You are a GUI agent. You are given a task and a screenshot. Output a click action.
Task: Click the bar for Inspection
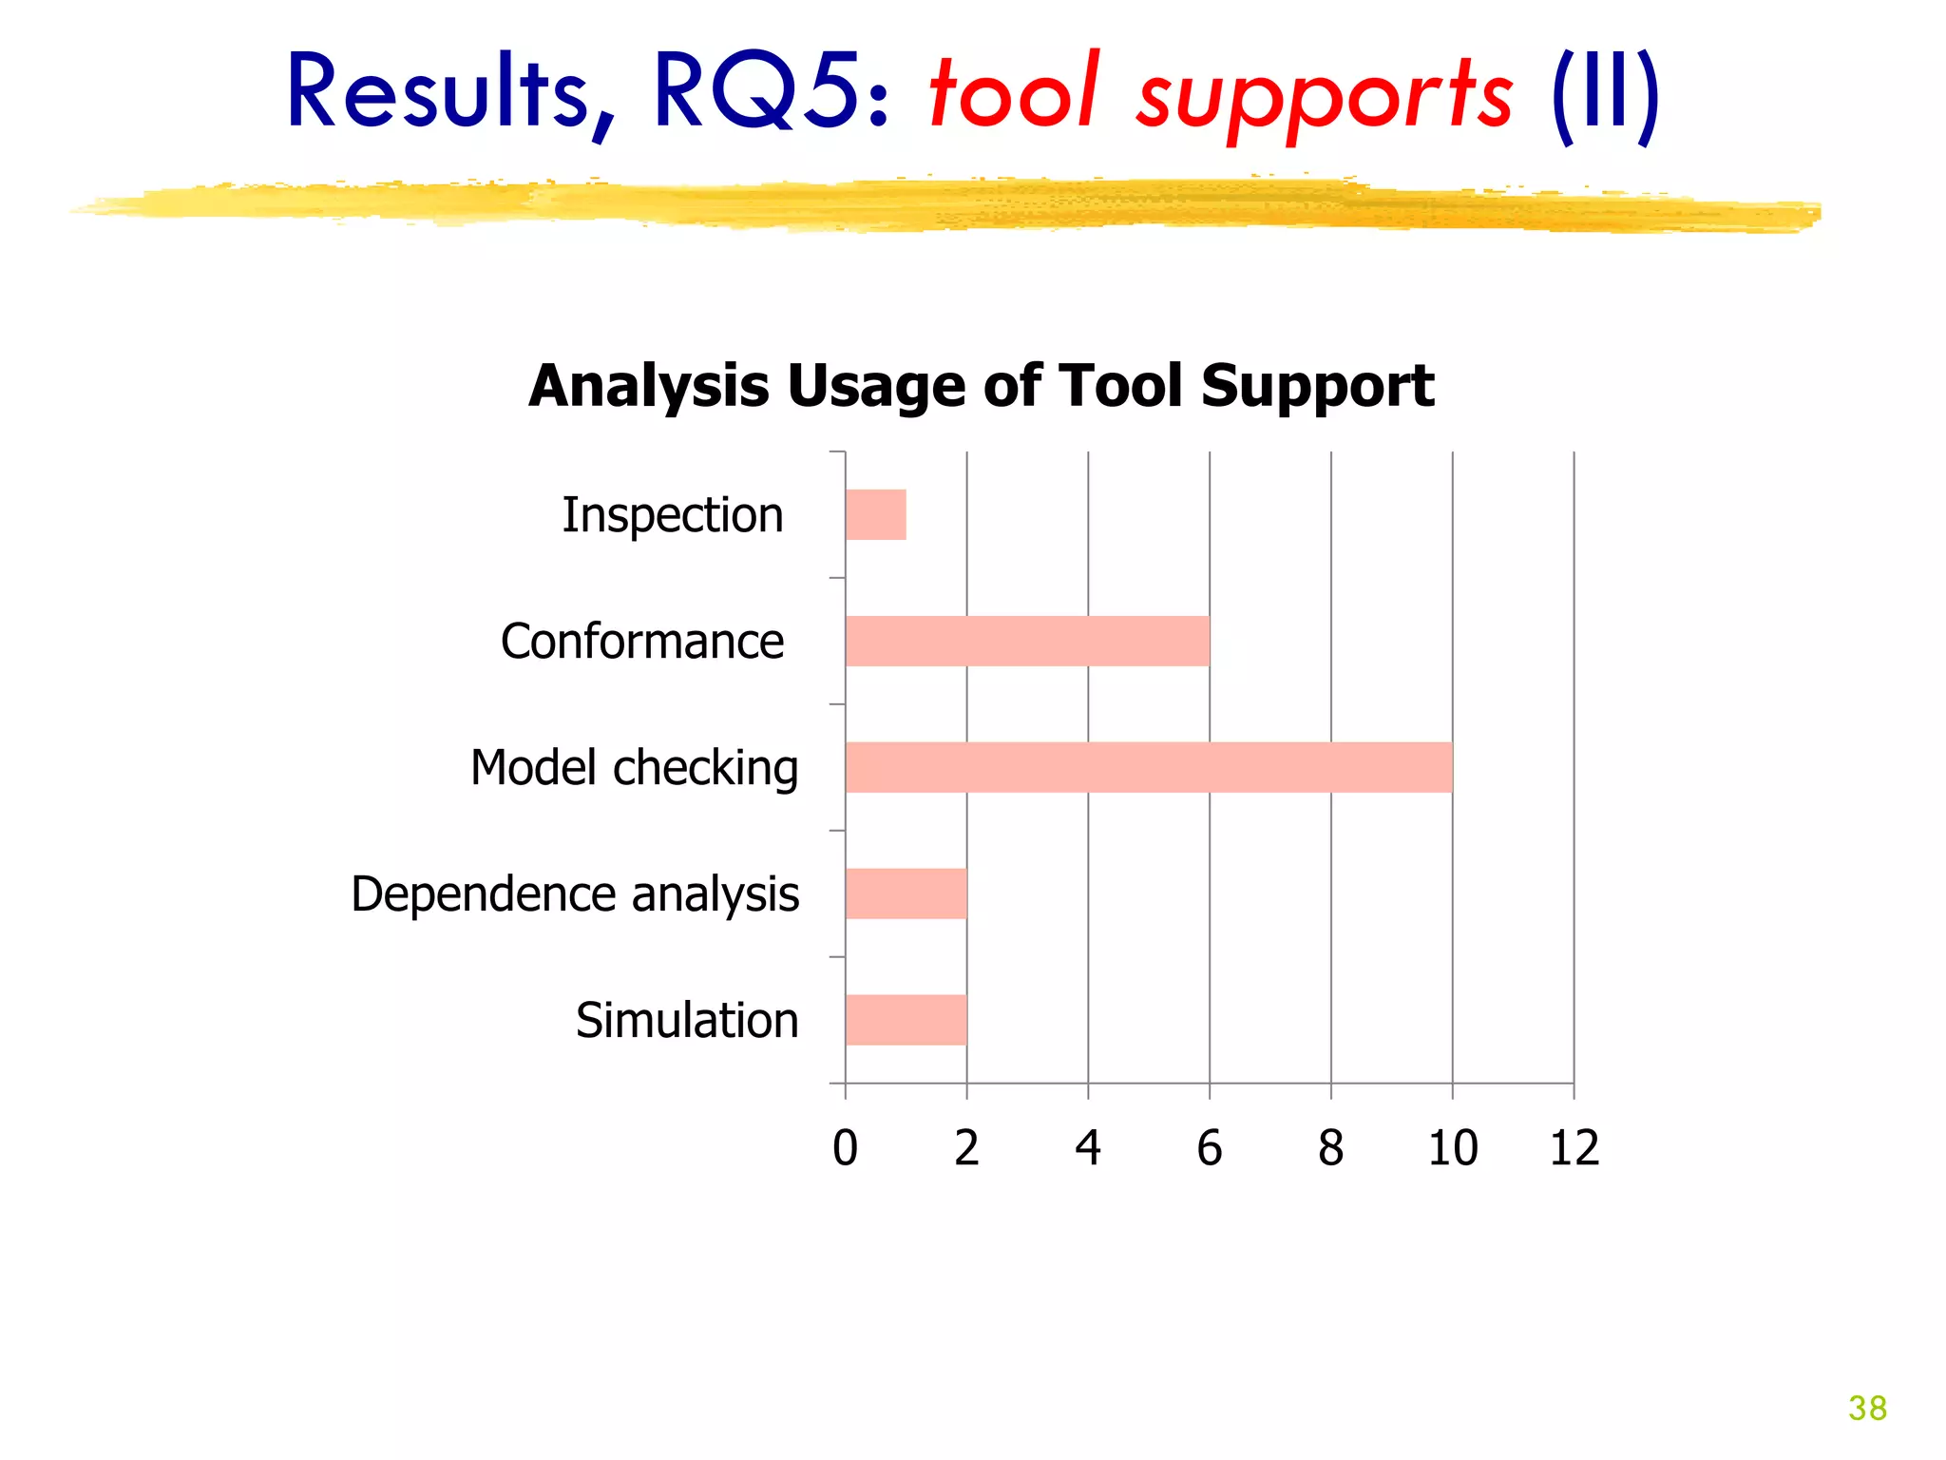pos(875,515)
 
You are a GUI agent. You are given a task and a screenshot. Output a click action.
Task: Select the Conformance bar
pos(1027,642)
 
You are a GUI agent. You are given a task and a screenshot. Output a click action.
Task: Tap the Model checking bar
pos(1149,768)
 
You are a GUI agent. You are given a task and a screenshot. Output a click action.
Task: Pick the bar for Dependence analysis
pos(906,893)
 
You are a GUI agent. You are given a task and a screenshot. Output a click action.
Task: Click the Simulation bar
pos(906,1020)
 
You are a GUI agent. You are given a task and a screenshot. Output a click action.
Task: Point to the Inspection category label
pos(673,516)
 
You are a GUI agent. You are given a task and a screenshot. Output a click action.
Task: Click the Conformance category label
pos(642,642)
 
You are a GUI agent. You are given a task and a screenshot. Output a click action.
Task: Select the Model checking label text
pos(634,768)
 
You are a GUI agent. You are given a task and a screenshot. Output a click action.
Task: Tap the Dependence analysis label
pos(575,894)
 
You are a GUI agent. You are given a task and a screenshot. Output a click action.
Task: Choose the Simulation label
pos(687,1021)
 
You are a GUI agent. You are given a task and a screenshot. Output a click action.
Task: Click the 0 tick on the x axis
pos(845,1148)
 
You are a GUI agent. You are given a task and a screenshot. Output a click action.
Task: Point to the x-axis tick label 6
pos(1209,1148)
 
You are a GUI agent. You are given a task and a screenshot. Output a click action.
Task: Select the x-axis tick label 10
pos(1452,1148)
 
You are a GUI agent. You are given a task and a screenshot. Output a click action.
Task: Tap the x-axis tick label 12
pos(1574,1148)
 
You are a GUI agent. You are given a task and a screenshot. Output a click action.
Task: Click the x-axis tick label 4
pos(1088,1148)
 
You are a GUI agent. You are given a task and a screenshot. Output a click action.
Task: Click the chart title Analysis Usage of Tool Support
pos(981,386)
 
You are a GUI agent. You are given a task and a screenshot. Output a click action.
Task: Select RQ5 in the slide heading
pos(770,93)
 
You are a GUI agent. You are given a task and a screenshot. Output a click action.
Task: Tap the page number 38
pos(1866,1408)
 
